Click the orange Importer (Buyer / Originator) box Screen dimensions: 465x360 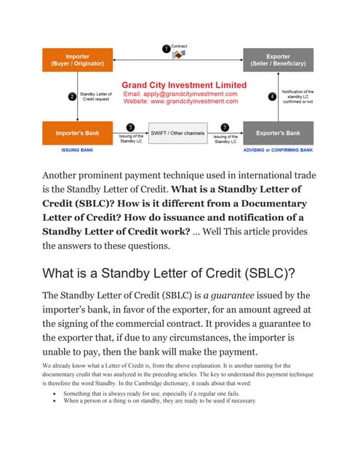tap(78, 60)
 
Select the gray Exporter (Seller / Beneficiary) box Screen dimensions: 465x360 tap(278, 60)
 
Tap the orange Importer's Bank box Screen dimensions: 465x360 tap(78, 134)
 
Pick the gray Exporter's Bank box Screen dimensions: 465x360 tap(278, 134)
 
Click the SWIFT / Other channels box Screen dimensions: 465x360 tap(177, 134)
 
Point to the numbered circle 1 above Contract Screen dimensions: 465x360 tap(166, 49)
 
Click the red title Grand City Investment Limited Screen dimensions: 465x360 tap(183, 85)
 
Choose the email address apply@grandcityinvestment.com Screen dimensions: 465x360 tap(181, 94)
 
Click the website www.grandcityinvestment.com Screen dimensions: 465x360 tap(181, 102)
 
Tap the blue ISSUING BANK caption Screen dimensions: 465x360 tap(77, 150)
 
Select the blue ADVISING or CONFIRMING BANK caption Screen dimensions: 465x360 tap(277, 150)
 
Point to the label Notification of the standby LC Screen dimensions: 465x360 tap(297, 97)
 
